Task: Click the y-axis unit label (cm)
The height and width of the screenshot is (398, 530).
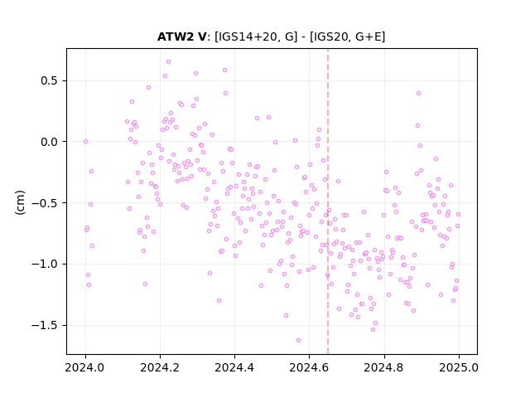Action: (20, 202)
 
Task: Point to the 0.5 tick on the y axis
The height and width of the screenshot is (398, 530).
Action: (50, 81)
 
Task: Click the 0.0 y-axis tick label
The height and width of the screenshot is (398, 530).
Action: (50, 142)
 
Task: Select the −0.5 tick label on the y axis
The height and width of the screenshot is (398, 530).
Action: (45, 203)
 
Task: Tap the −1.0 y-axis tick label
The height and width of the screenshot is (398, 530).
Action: (45, 264)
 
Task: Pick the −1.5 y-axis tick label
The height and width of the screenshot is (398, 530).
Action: (45, 325)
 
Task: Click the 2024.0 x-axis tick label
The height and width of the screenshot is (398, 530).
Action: (84, 367)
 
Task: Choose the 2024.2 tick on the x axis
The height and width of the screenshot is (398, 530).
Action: (160, 367)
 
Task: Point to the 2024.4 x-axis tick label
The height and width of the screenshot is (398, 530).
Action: (234, 367)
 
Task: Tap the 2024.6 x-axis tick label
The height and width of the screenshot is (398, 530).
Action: (309, 367)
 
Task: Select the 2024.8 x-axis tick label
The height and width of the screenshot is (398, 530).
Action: (383, 367)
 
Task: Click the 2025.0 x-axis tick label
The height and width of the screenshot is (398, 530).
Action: (459, 367)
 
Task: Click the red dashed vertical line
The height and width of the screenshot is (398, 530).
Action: (328, 201)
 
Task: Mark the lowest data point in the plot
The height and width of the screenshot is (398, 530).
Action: (298, 341)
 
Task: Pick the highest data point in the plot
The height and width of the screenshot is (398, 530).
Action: (168, 62)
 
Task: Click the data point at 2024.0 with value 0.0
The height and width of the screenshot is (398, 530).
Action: (85, 142)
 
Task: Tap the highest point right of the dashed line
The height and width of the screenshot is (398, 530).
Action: (418, 94)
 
